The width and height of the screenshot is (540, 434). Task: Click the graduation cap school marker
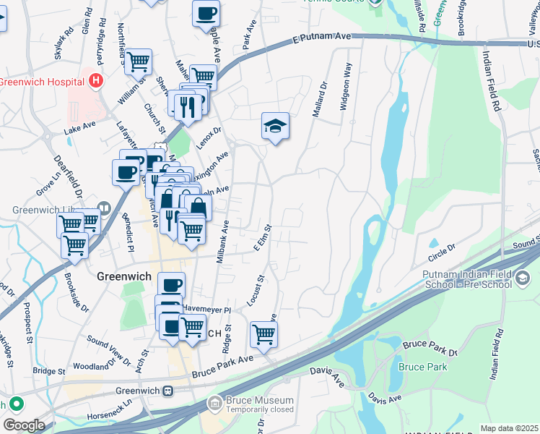click(x=275, y=127)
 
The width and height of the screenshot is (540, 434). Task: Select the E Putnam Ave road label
click(x=321, y=37)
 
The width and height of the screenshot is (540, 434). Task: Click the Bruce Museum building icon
click(x=214, y=402)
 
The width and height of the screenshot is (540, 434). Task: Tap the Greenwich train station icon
click(x=167, y=391)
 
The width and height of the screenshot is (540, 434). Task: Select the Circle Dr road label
click(x=443, y=248)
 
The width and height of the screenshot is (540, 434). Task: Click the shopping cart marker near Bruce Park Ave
click(x=264, y=334)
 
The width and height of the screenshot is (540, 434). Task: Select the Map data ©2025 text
click(x=509, y=428)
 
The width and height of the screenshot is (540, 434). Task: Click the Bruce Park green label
click(x=422, y=367)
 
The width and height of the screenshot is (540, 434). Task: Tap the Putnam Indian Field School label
click(x=479, y=278)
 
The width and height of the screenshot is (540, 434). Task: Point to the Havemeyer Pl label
click(x=206, y=309)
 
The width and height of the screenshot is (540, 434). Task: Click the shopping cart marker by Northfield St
click(x=138, y=61)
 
